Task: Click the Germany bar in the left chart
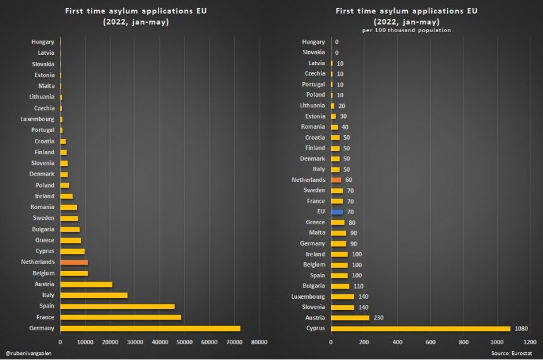[150, 328]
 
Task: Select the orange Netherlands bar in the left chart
[74, 262]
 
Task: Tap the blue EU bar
[337, 212]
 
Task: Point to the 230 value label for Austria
[378, 318]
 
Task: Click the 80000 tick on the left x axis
[259, 342]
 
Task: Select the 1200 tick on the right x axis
[531, 342]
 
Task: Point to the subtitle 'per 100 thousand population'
[406, 30]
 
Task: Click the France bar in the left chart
[121, 317]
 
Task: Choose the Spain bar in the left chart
[117, 306]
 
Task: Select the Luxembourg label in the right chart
[309, 296]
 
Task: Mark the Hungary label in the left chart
[42, 42]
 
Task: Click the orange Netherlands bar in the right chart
[336, 180]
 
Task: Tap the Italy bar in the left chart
[93, 295]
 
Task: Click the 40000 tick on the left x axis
[160, 342]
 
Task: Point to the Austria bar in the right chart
[350, 318]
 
